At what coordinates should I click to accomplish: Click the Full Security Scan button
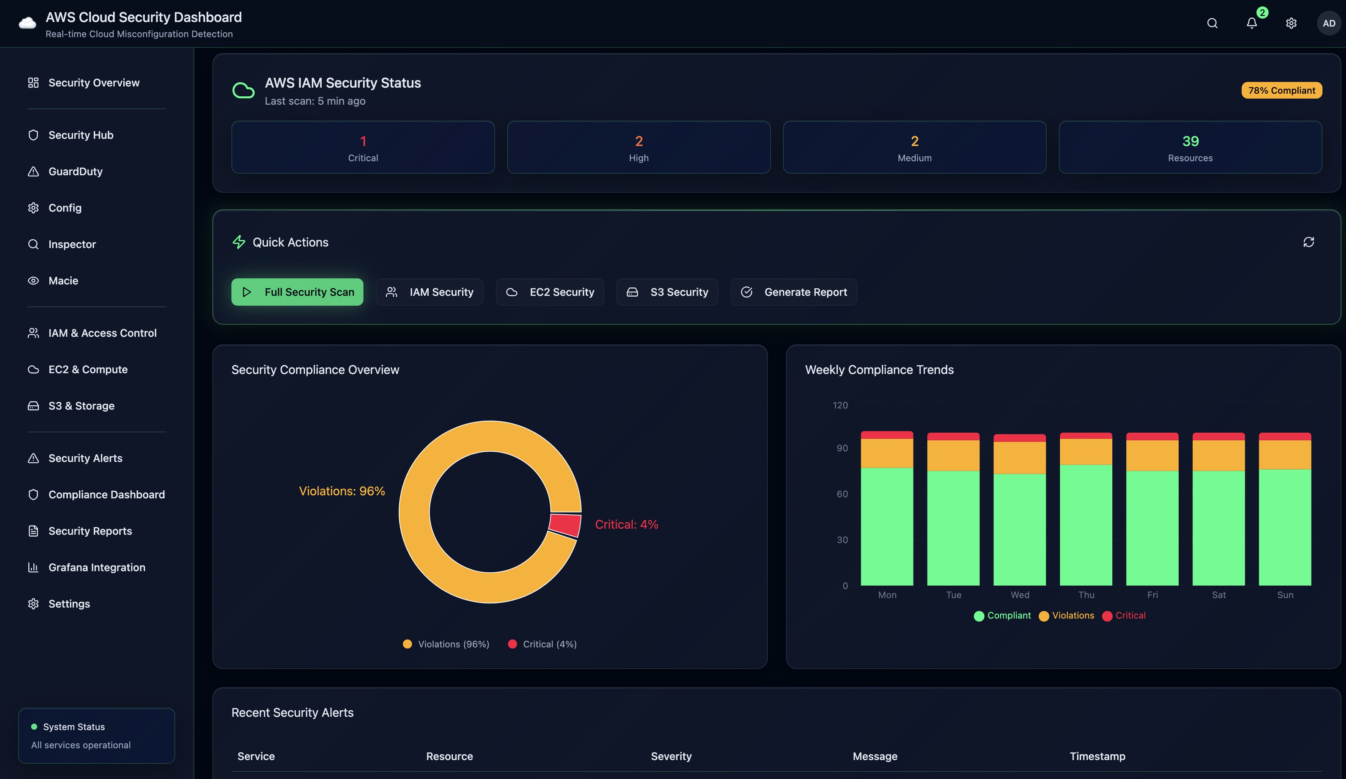(297, 292)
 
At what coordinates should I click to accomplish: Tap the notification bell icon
(1252, 24)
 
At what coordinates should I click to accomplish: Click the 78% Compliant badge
(1282, 90)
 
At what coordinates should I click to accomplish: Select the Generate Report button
(794, 292)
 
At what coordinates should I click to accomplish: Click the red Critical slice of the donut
(566, 525)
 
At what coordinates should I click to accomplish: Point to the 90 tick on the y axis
(842, 448)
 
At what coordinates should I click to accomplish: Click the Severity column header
(671, 756)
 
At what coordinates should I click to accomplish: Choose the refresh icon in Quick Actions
(1308, 242)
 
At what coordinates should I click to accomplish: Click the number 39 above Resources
(1190, 141)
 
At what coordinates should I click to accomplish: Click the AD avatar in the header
(1329, 24)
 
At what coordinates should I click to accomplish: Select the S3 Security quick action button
(667, 292)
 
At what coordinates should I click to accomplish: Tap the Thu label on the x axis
(1086, 595)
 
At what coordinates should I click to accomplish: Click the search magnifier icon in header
(1212, 24)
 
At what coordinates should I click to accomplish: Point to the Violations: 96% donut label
(342, 491)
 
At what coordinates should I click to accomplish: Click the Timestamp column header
(1097, 756)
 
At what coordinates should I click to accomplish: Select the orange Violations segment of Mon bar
(887, 453)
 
